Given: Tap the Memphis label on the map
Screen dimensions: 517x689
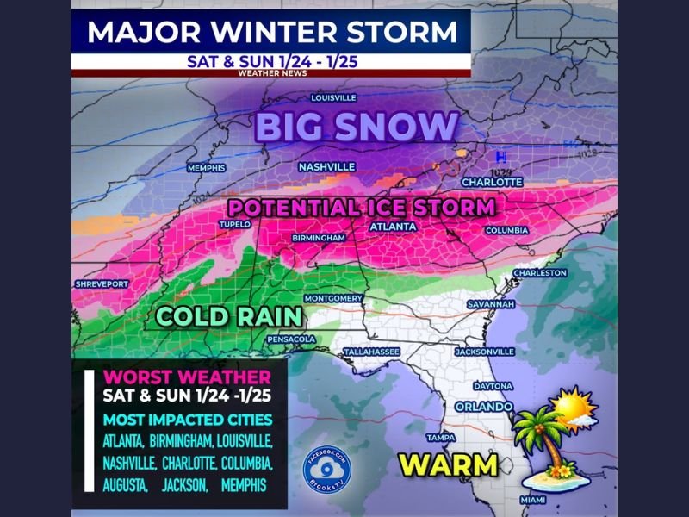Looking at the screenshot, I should click(206, 167).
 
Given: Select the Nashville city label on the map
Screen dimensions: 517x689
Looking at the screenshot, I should click(326, 166).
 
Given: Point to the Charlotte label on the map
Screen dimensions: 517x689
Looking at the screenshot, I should click(492, 182).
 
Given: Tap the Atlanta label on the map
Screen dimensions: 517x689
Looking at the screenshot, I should click(393, 227).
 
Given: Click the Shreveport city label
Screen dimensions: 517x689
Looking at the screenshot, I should click(102, 283).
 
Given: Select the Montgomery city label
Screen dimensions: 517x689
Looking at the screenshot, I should click(333, 298).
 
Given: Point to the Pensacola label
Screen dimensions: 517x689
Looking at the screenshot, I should click(291, 339).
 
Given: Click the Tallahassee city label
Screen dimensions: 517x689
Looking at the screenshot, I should click(371, 352).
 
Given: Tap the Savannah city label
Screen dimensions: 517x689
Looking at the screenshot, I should click(491, 304).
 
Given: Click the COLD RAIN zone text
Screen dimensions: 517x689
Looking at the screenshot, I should click(228, 316).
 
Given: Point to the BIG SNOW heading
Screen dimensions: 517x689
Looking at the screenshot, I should click(356, 128).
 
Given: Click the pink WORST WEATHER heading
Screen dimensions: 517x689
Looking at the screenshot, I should click(187, 377).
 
